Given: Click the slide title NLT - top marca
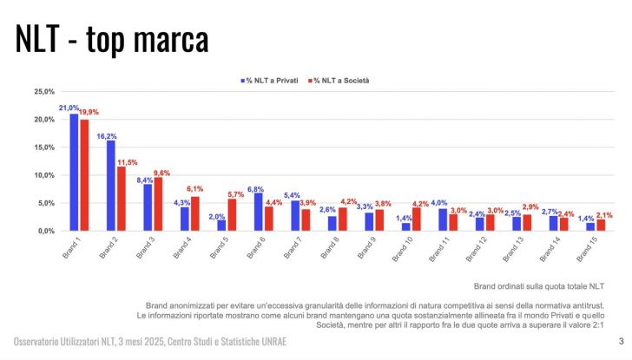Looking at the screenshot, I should pyautogui.click(x=112, y=40).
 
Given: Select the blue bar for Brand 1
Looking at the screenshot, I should pyautogui.click(x=74, y=173).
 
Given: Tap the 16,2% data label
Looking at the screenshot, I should pyautogui.click(x=107, y=136).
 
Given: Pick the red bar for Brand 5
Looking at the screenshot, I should pyautogui.click(x=232, y=215).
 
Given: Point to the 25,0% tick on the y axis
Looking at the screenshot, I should pyautogui.click(x=43, y=91).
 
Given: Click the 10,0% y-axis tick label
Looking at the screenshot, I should pyautogui.click(x=43, y=175).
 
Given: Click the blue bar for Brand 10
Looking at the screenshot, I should pyautogui.click(x=406, y=227).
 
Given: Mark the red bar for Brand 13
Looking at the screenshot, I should pyautogui.click(x=527, y=223).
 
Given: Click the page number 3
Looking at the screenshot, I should pyautogui.click(x=621, y=341).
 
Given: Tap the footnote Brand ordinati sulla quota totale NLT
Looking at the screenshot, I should pyautogui.click(x=538, y=286).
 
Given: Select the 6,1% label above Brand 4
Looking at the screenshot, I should pyautogui.click(x=194, y=188).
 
